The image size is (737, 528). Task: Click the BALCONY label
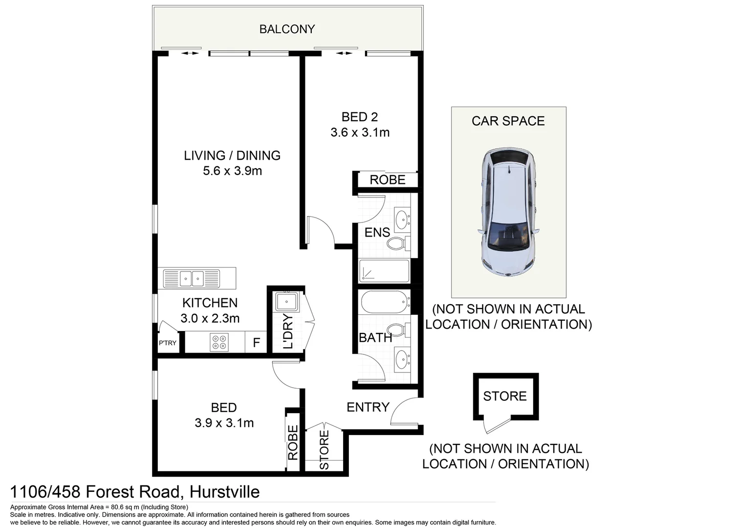287,29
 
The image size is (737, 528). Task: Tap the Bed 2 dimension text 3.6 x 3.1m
360,132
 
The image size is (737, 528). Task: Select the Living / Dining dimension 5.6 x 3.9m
232,171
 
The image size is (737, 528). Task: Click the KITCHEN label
210,303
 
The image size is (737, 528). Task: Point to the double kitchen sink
192,279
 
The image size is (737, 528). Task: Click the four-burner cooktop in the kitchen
218,342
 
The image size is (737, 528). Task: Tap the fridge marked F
256,343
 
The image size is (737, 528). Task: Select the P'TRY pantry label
167,343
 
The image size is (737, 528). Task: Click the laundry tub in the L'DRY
286,302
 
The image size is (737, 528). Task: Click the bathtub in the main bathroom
385,302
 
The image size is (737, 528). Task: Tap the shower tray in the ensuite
384,271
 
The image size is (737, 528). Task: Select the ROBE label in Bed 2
387,180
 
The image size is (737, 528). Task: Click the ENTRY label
368,407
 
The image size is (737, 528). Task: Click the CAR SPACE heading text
508,121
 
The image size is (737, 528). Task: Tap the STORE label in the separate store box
505,396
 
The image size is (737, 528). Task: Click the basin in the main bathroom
403,359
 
